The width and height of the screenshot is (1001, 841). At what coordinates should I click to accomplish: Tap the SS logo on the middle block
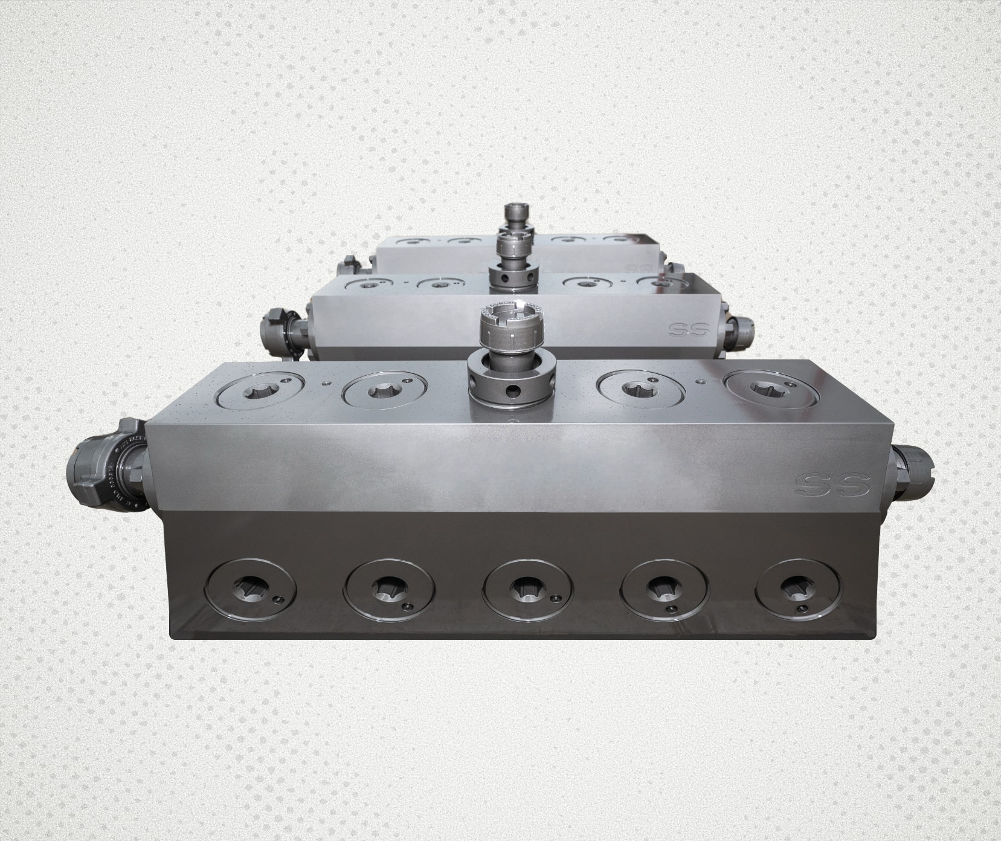689,330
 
